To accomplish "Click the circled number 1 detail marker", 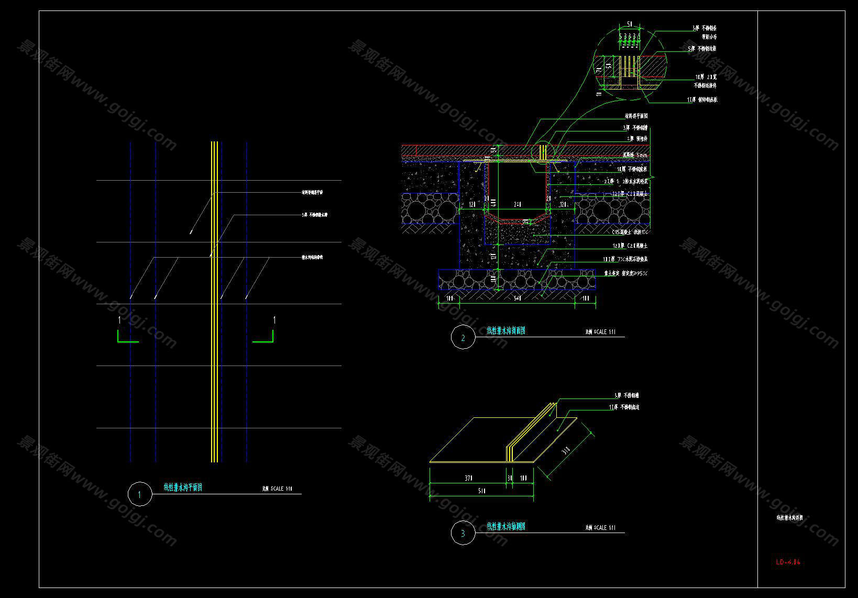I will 140,494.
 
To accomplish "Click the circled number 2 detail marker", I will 463,337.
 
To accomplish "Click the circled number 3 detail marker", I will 463,533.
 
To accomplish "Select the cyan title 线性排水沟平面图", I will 183,488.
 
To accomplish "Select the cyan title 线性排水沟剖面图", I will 505,330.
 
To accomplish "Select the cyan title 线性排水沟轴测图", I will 505,526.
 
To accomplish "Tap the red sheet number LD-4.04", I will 788,562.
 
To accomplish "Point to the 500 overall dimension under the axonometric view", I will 481,491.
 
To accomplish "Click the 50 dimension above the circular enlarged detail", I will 630,24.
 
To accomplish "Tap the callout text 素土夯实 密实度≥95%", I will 626,273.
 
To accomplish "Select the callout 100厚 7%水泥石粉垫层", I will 625,259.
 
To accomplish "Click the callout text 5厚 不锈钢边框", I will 702,49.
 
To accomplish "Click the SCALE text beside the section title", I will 600,332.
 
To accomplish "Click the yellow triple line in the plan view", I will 214,367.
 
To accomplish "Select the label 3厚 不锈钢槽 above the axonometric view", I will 626,396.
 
